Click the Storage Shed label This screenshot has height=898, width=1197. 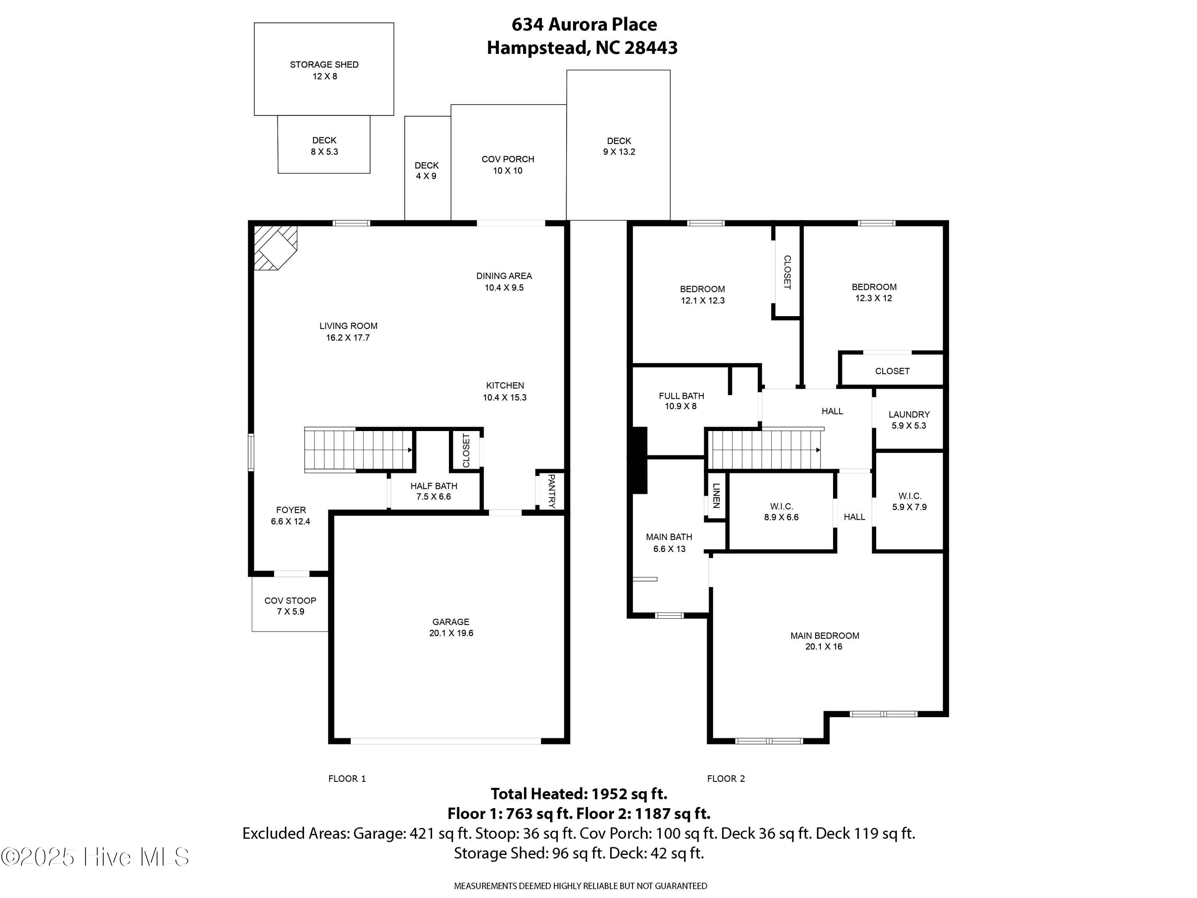click(324, 70)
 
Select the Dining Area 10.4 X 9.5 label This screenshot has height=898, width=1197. click(504, 281)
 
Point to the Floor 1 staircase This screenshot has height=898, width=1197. click(358, 450)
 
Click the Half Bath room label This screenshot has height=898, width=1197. click(433, 491)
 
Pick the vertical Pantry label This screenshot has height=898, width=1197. click(551, 491)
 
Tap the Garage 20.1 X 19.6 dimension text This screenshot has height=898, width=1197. click(451, 633)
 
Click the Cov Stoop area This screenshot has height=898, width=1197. click(290, 605)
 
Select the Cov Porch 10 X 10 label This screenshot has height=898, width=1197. click(508, 164)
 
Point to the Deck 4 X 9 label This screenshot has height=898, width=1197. click(427, 170)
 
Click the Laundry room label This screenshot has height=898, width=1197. click(909, 419)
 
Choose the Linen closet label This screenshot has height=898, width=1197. click(716, 495)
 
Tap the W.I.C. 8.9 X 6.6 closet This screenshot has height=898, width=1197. click(781, 512)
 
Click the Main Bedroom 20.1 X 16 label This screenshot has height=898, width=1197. click(824, 641)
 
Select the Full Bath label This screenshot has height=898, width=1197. click(681, 401)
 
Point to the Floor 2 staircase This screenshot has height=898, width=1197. click(764, 450)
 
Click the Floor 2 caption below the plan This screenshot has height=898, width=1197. click(726, 778)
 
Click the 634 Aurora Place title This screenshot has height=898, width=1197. click(584, 24)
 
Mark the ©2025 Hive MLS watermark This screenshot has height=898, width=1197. click(95, 857)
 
